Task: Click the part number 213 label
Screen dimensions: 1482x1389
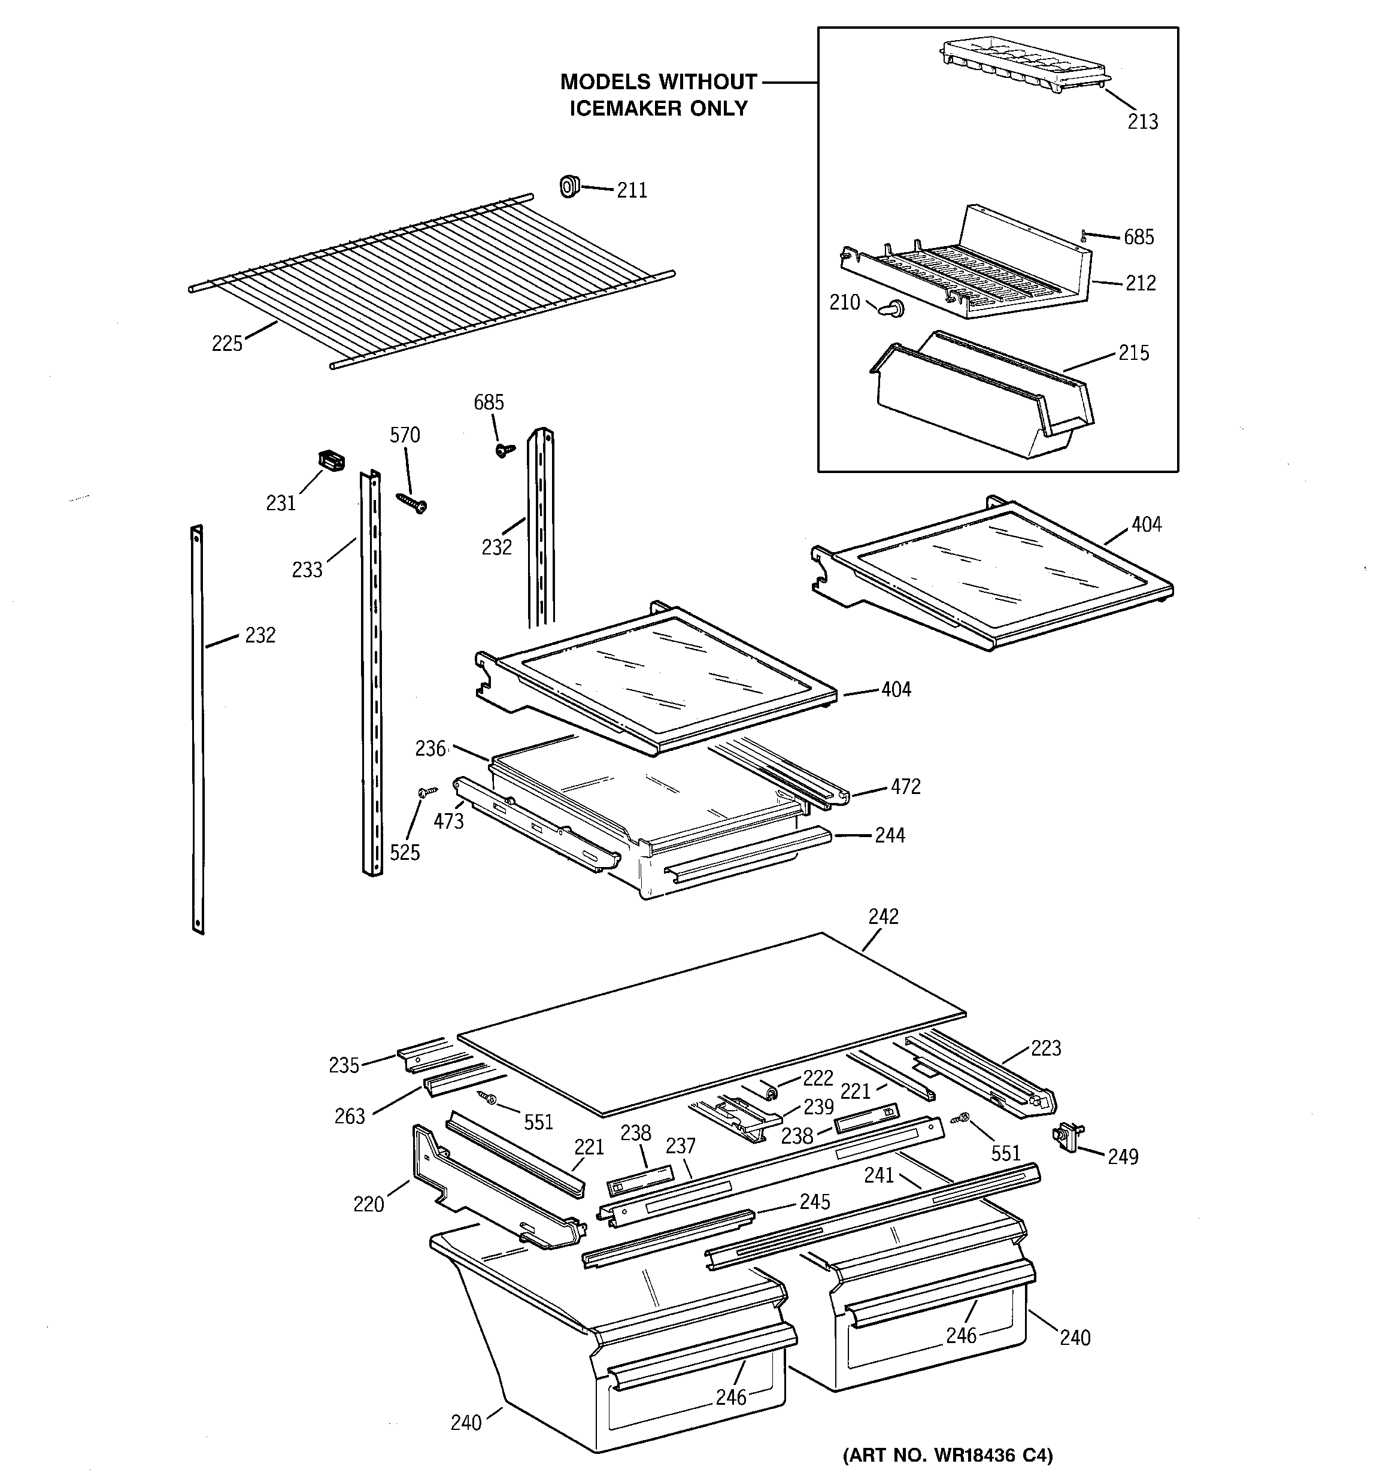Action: [x=1142, y=122]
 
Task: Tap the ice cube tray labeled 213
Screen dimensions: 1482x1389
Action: [x=1021, y=67]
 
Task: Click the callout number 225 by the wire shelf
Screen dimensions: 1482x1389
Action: [x=227, y=344]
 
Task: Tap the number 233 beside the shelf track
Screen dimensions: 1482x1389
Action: [x=307, y=570]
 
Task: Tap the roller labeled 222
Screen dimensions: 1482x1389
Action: [x=772, y=1092]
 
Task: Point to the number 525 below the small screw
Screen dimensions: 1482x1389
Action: [x=405, y=853]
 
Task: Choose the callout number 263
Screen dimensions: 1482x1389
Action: [x=349, y=1116]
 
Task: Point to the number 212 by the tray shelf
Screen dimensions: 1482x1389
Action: [x=1140, y=283]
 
